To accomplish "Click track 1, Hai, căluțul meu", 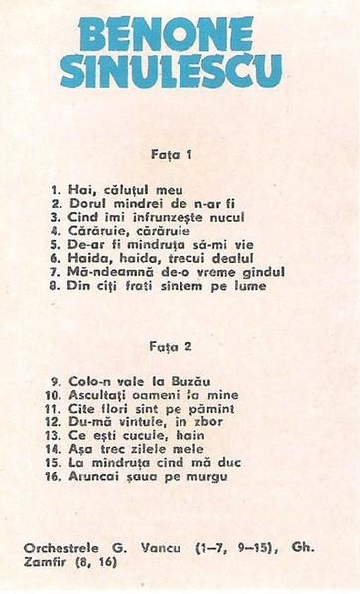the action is coord(129,187).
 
